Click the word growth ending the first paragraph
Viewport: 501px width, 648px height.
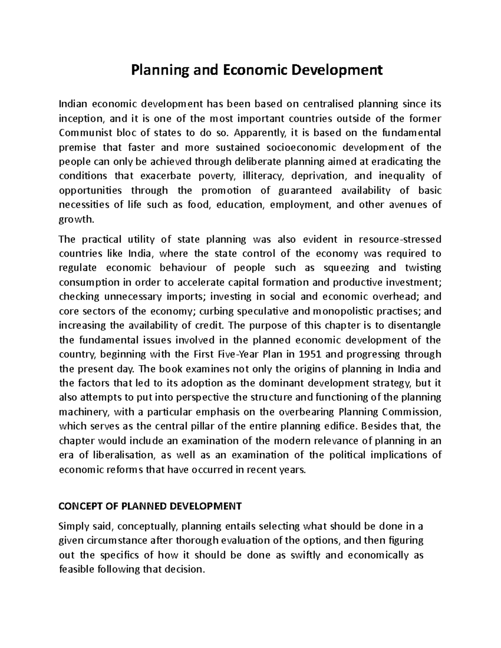click(x=74, y=219)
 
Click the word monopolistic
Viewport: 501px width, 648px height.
click(x=344, y=311)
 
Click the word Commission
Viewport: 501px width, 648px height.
click(x=411, y=412)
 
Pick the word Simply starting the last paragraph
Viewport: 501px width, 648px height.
click(x=73, y=526)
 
